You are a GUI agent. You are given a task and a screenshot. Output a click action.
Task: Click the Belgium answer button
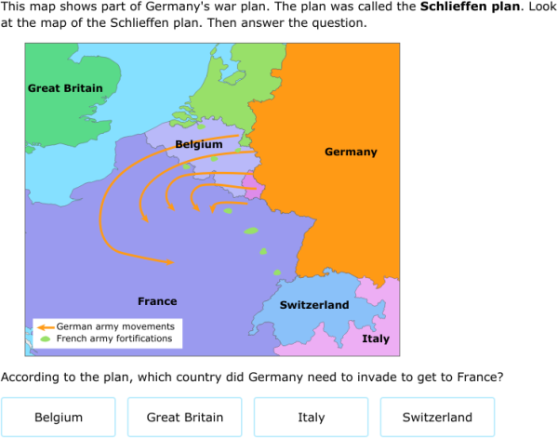click(59, 418)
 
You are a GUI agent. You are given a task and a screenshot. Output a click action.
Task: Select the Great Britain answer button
click(184, 418)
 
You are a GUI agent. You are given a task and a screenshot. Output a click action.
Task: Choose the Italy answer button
click(311, 418)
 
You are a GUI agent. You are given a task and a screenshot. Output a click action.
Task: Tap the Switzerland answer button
click(437, 418)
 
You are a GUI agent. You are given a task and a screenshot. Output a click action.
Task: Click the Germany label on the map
click(351, 152)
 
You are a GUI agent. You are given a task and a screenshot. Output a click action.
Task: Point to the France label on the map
click(157, 301)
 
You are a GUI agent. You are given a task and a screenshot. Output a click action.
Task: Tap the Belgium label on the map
click(198, 144)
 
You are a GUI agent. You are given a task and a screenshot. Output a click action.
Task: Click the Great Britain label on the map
click(65, 88)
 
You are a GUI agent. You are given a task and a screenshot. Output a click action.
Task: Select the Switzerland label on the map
click(314, 305)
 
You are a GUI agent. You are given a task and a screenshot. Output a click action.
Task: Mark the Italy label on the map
click(376, 339)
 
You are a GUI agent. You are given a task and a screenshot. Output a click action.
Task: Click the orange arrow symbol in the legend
click(45, 327)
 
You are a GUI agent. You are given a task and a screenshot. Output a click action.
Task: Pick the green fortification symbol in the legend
click(45, 339)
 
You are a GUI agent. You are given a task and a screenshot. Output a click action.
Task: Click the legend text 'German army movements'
click(114, 327)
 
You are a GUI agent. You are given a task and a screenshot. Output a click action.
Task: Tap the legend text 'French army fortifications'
click(114, 339)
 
